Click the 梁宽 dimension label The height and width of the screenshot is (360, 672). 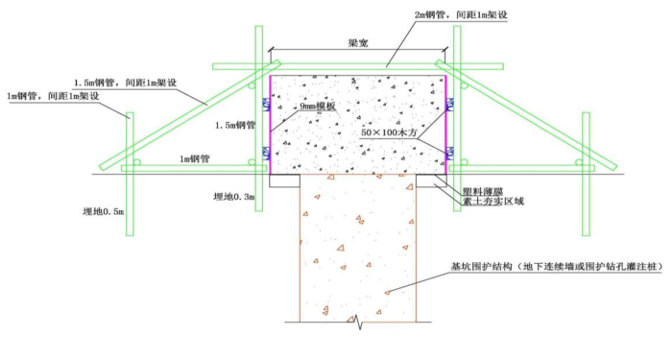coord(360,43)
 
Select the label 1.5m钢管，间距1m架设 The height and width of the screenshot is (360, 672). coord(126,82)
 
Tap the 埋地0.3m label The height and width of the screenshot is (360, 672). coord(234,196)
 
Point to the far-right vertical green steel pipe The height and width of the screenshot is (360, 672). coord(587,173)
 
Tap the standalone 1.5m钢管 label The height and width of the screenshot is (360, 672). coord(234,126)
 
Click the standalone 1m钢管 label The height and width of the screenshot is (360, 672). coord(198,157)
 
